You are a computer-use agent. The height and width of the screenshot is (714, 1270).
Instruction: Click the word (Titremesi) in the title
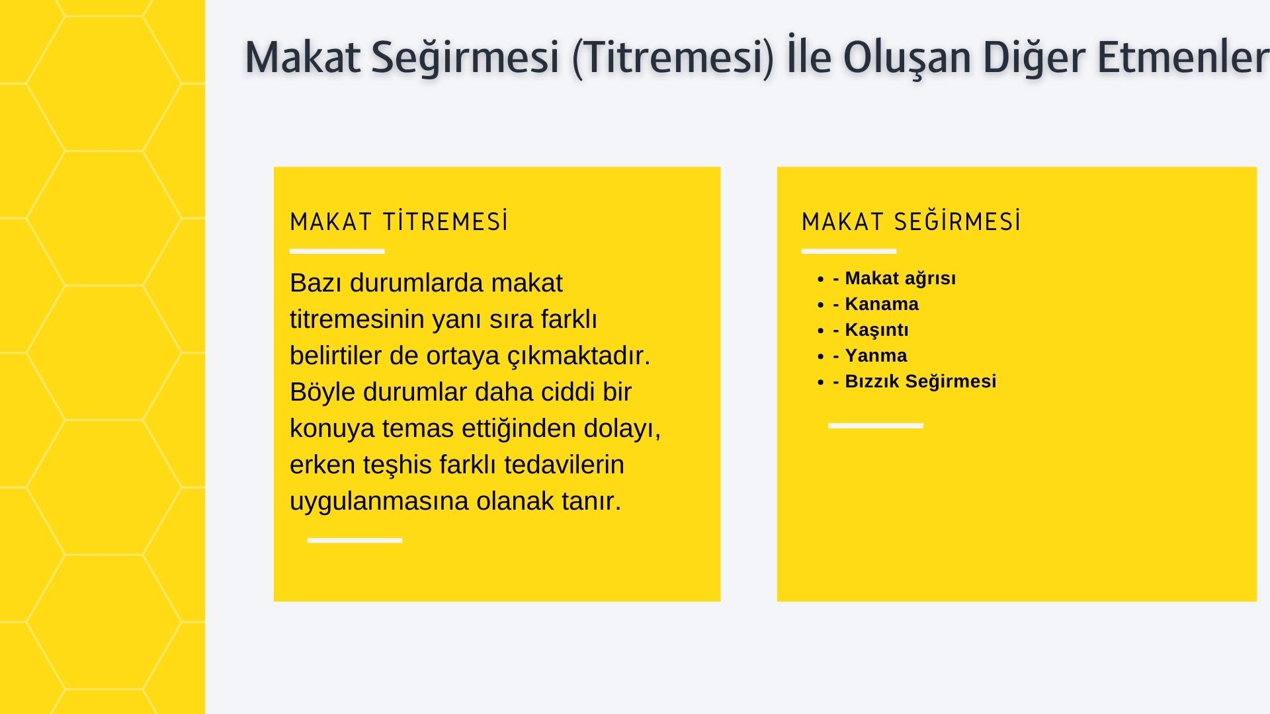click(x=673, y=58)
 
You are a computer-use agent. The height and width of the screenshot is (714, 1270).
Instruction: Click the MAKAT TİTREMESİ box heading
click(x=399, y=222)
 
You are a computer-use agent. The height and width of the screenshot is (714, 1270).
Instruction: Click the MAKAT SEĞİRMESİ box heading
click(x=911, y=222)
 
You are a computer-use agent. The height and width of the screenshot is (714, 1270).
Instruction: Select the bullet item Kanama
click(x=881, y=304)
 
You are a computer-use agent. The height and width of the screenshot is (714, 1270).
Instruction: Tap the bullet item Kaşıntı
click(x=876, y=330)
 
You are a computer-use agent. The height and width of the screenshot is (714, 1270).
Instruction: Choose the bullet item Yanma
click(x=876, y=356)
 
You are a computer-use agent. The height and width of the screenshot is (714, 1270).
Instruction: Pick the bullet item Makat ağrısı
click(x=900, y=278)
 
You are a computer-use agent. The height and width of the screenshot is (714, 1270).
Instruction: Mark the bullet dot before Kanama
click(x=821, y=305)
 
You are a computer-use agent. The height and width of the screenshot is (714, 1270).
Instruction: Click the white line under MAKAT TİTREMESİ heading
click(x=337, y=251)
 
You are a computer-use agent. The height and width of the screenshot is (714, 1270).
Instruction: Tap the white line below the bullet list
click(x=875, y=426)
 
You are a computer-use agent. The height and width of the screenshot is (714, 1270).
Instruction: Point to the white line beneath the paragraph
click(x=355, y=540)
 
